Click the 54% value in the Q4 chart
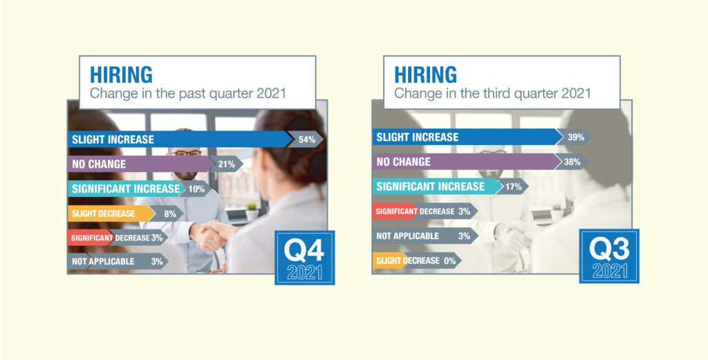click(307, 140)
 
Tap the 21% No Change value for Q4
click(227, 164)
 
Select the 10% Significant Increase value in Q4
click(196, 189)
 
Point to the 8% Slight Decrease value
click(170, 214)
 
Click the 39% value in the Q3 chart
click(576, 137)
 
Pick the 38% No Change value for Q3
click(572, 162)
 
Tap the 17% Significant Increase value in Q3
click(514, 187)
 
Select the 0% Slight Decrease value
click(449, 260)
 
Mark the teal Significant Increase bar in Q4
click(127, 189)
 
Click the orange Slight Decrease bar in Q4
click(111, 214)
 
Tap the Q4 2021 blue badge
click(305, 258)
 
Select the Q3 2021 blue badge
click(609, 256)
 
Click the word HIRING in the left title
click(121, 75)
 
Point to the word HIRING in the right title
click(425, 75)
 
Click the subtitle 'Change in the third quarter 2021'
click(492, 93)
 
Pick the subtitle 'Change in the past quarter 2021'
click(188, 93)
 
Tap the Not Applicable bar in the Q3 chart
click(425, 236)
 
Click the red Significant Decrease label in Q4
click(92, 238)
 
